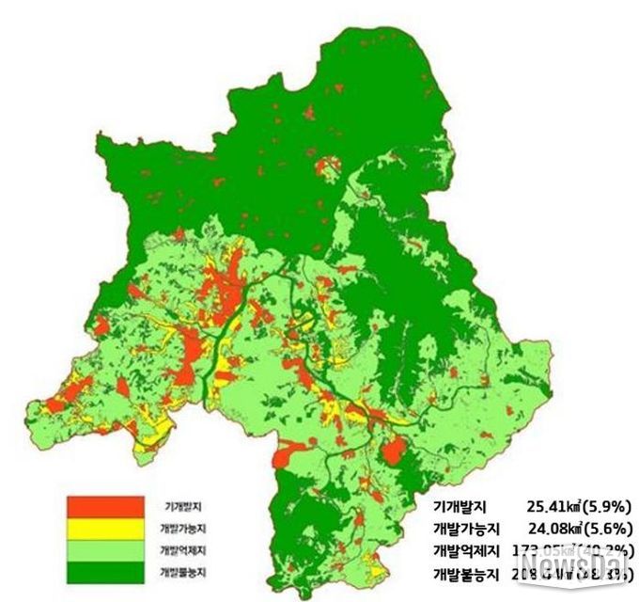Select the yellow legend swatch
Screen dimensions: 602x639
coord(104,529)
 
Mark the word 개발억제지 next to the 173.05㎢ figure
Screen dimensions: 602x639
coord(465,550)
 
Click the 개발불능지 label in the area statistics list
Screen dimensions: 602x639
coord(465,573)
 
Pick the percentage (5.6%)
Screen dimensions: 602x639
coord(610,528)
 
